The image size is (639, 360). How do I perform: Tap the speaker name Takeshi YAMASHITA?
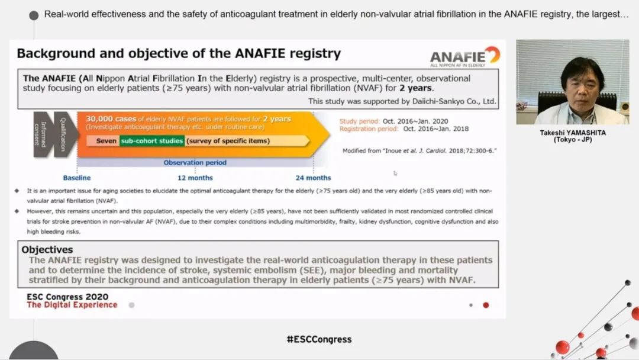[573, 133]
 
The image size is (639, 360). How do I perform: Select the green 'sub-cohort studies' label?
[152, 141]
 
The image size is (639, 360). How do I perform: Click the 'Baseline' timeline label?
[76, 178]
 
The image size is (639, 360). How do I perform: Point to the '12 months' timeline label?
[195, 178]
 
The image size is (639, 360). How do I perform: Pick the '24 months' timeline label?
[313, 178]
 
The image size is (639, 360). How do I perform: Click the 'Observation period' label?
[195, 162]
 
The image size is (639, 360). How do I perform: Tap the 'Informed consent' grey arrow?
[43, 134]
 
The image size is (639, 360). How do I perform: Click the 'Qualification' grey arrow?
[64, 134]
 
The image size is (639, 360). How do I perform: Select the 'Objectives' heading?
[47, 249]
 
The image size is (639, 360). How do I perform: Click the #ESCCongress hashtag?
[319, 339]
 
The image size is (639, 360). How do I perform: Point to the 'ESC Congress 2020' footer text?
[67, 297]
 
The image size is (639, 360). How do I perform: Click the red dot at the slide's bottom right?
[486, 305]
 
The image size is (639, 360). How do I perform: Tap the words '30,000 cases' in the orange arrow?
[111, 118]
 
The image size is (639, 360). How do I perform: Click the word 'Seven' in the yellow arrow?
[106, 141]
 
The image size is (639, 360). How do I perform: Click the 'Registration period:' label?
[369, 129]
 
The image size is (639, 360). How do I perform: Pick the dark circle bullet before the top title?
[34, 15]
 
